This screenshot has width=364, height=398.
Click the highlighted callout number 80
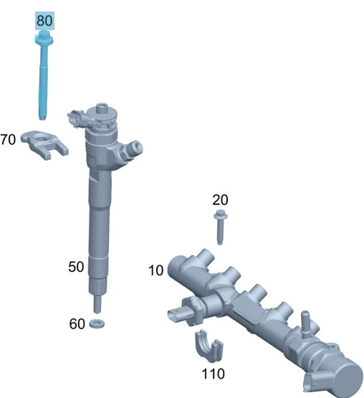click(44, 21)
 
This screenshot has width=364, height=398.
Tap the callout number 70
click(8, 139)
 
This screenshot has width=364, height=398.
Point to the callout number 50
click(76, 267)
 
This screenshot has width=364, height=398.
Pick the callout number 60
click(77, 323)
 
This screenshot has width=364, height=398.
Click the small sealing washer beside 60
click(97, 325)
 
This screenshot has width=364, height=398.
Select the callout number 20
click(219, 199)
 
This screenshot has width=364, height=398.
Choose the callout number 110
click(213, 374)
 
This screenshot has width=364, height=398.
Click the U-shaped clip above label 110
click(209, 347)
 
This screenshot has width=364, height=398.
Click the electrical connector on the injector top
click(78, 115)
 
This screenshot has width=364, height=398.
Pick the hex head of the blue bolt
click(44, 37)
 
